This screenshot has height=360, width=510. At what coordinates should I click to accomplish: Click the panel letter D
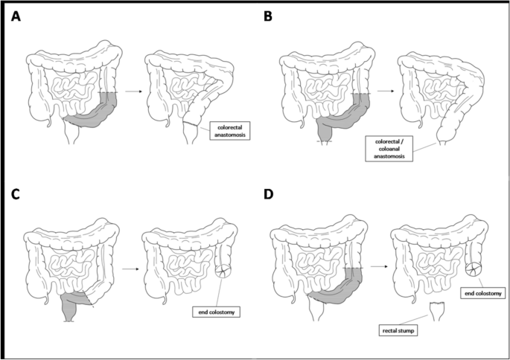click(269, 196)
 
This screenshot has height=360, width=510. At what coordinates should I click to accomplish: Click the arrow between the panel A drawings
click(133, 91)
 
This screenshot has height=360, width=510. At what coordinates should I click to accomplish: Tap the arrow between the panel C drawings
click(127, 270)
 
